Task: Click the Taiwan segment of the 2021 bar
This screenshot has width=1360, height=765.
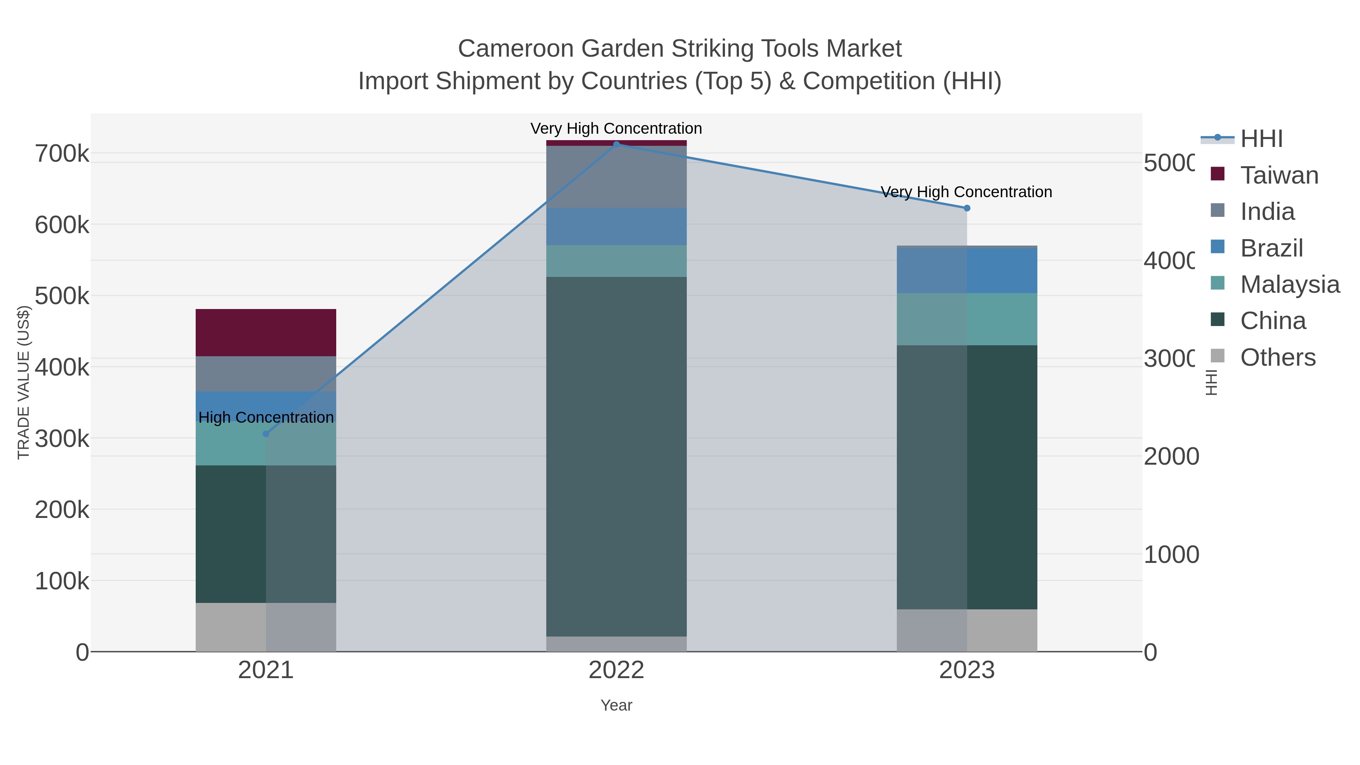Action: click(x=266, y=332)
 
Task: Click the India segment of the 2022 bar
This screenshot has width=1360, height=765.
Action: click(x=616, y=177)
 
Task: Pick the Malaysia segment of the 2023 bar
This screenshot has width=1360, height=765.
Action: click(x=967, y=319)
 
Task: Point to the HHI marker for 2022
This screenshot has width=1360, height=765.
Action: click(x=616, y=144)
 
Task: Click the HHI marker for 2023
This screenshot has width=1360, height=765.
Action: click(x=967, y=208)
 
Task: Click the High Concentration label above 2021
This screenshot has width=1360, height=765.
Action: click(x=266, y=417)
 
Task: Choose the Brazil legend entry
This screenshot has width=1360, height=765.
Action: click(x=1271, y=248)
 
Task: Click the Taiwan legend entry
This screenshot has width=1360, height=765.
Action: click(x=1279, y=175)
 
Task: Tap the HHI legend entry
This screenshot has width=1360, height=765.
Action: click(x=1261, y=139)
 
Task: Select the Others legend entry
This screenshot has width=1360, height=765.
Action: click(x=1278, y=357)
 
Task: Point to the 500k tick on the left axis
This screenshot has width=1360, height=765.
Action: click(x=62, y=296)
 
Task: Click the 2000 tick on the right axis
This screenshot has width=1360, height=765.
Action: click(x=1171, y=457)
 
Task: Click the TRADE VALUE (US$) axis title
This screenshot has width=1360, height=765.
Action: click(x=24, y=382)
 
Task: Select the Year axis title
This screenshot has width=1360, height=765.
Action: click(x=616, y=705)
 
